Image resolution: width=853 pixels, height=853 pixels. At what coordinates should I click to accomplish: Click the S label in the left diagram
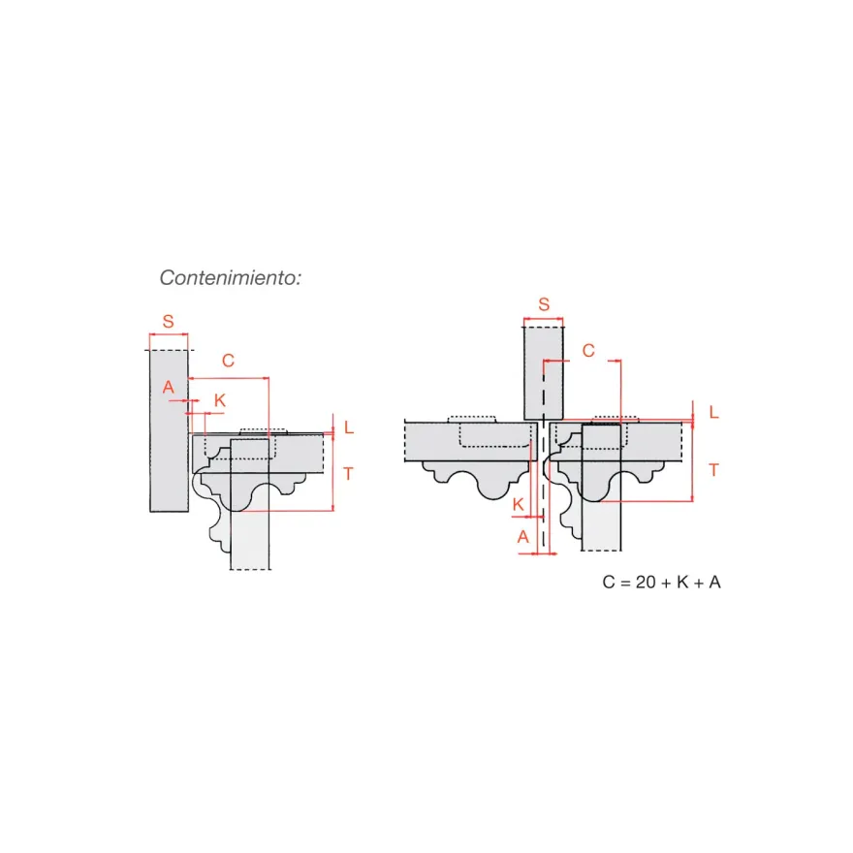pos(168,321)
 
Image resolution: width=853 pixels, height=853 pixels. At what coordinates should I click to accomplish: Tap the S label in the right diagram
pos(544,304)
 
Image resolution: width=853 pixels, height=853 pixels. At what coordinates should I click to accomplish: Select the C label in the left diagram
pos(228,361)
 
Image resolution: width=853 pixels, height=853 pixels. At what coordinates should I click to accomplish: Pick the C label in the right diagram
pos(588,350)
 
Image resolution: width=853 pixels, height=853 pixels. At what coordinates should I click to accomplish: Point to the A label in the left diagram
pos(168,387)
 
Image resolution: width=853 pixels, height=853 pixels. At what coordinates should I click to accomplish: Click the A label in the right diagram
pos(522,537)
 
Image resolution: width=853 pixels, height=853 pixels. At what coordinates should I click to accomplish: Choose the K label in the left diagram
pos(220,400)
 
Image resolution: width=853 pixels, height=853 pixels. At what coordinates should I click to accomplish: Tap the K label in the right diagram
pos(518,504)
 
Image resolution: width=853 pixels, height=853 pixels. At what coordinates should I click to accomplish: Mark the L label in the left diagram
pos(349,427)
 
